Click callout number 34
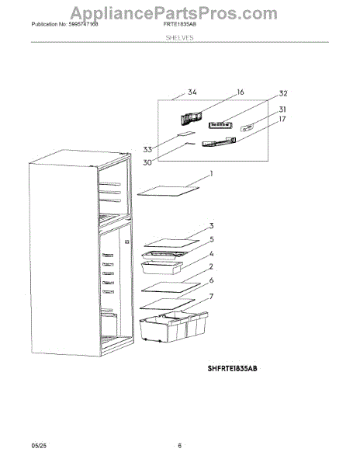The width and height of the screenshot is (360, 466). click(192, 92)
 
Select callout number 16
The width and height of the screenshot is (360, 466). click(240, 92)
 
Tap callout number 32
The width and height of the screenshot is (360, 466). click(283, 94)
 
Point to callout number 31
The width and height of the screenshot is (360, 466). click(282, 110)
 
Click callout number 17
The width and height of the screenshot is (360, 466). click(282, 119)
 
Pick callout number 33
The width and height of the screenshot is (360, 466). click(147, 149)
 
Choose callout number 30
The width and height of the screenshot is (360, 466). click(147, 162)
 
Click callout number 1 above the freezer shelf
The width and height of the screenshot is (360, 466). click(211, 173)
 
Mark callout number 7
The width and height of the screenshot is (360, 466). click(211, 297)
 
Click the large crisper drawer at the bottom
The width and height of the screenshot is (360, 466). click(174, 326)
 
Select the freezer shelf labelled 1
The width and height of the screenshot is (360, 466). click(168, 191)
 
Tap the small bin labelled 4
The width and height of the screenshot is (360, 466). click(161, 267)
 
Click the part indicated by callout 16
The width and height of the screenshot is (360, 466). click(191, 118)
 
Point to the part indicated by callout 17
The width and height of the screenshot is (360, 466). click(219, 142)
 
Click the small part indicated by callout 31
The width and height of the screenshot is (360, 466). click(247, 128)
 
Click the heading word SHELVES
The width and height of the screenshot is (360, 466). click(179, 38)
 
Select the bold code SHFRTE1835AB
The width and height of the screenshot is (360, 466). click(232, 368)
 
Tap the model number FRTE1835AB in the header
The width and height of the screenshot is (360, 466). click(179, 24)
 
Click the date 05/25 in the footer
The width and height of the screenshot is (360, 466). click(39, 446)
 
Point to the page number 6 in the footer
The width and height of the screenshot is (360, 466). click(179, 446)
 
